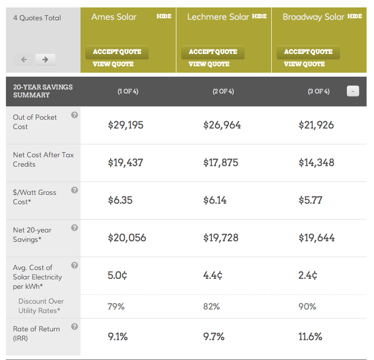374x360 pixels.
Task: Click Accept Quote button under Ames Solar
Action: pos(117,52)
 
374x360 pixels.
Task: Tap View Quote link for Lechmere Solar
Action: pos(208,64)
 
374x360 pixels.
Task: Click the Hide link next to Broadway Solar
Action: pos(354,16)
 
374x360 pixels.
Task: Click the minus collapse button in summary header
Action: pos(353,91)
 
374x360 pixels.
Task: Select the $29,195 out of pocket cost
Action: pos(125,125)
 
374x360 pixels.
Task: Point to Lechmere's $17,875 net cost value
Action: pos(221,163)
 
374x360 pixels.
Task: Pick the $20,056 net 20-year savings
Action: pos(127,238)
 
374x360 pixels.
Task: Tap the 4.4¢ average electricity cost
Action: pos(212,275)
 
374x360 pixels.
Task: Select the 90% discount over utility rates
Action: pos(307,307)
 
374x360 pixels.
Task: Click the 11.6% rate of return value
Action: pos(310,337)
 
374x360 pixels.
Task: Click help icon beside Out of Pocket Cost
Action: pos(75,115)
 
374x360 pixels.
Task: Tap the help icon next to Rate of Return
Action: pos(75,327)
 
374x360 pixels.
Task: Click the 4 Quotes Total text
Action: pos(37,18)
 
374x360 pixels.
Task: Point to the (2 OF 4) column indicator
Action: pos(223,91)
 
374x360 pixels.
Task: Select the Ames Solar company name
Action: pos(114,17)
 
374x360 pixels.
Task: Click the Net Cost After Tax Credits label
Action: pos(43,159)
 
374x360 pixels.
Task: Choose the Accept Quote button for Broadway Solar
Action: pos(308,52)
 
